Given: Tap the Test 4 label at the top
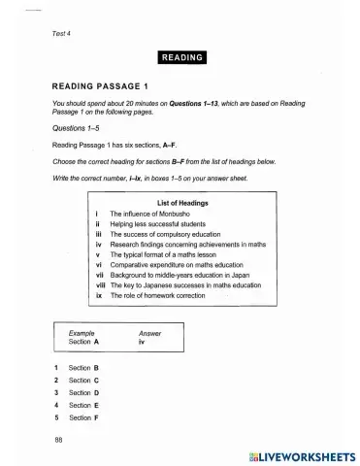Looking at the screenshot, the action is point(64,35).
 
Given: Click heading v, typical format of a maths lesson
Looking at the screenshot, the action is point(175,255).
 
